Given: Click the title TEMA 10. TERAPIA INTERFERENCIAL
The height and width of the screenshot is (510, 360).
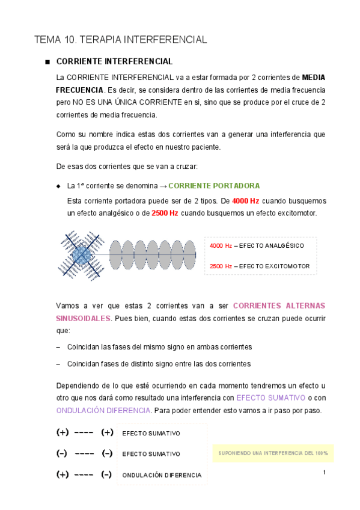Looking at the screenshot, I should point(121,40).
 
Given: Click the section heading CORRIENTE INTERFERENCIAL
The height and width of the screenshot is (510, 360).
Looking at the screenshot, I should point(114,62).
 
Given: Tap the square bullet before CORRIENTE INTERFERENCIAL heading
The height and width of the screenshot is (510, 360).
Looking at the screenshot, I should point(46,63).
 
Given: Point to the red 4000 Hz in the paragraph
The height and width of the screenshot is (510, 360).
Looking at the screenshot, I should point(246,201).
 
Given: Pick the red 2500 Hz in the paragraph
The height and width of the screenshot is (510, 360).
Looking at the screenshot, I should point(165,214).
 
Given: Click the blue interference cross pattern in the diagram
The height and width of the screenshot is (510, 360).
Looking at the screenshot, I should point(81,256).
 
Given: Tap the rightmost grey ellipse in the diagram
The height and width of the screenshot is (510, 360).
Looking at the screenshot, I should point(190,256).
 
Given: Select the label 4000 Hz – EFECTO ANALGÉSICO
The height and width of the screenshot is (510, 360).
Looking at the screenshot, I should point(257,246).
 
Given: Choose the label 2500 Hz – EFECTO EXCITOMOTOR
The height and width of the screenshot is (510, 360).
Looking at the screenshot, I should point(259,266).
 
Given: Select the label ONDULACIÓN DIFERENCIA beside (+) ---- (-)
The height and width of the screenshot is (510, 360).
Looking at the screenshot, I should point(162,475).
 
